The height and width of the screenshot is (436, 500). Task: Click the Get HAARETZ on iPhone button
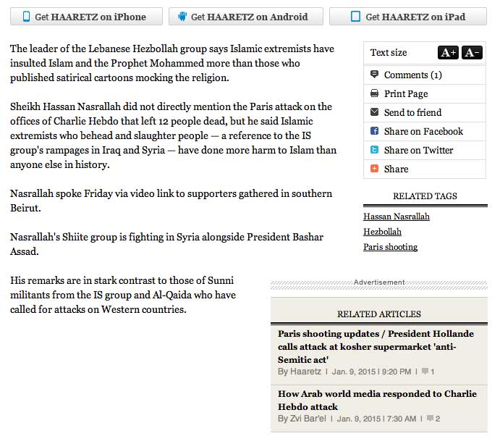pyautogui.click(x=84, y=17)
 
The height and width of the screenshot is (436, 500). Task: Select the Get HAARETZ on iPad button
pyautogui.click(x=407, y=17)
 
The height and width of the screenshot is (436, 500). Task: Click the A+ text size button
pyautogui.click(x=448, y=52)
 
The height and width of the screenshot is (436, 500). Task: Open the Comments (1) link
pyautogui.click(x=412, y=75)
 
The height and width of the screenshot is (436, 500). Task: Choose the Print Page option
pyautogui.click(x=406, y=93)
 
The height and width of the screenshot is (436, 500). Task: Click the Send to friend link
pyautogui.click(x=412, y=112)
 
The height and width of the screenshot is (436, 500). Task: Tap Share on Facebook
pyautogui.click(x=423, y=131)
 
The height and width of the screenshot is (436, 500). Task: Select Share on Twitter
pyautogui.click(x=418, y=150)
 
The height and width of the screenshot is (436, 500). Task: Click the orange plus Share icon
pyautogui.click(x=374, y=169)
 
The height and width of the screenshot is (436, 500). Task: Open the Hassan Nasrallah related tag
pyautogui.click(x=396, y=217)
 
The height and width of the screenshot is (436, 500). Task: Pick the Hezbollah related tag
pyautogui.click(x=382, y=232)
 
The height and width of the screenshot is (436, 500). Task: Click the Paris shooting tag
pyautogui.click(x=390, y=247)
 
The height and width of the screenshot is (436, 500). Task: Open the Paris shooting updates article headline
pyautogui.click(x=376, y=346)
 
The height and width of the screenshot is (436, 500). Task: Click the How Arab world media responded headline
pyautogui.click(x=377, y=400)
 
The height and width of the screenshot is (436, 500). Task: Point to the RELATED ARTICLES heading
pyautogui.click(x=378, y=314)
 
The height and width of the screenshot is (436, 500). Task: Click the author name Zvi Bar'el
pyautogui.click(x=309, y=419)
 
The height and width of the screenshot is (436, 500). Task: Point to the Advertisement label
pyautogui.click(x=379, y=282)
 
